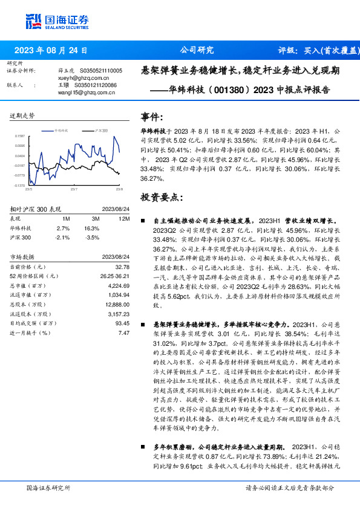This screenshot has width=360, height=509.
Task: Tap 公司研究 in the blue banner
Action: point(197,50)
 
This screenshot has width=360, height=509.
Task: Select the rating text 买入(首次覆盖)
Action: point(330,50)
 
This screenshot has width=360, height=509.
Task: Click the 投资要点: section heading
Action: point(162,197)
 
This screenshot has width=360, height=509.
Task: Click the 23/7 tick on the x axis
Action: point(74,189)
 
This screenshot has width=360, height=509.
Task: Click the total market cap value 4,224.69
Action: point(119,285)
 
